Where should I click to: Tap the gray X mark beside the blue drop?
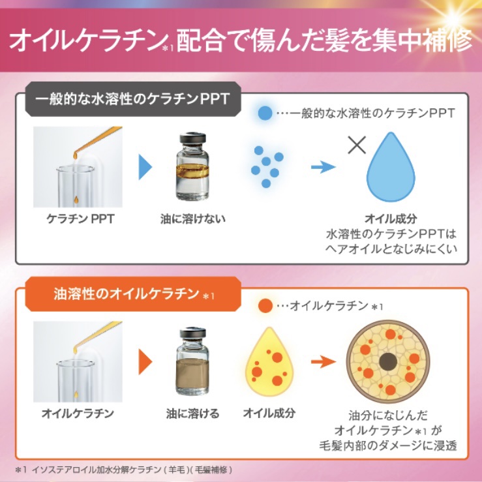(x=357, y=144)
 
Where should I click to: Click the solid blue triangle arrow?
(x=145, y=167)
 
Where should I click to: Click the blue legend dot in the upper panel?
(x=265, y=112)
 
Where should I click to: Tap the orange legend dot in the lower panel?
(x=265, y=305)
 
